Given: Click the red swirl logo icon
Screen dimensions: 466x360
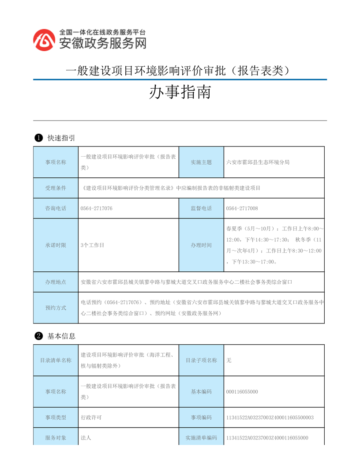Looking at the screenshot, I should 45,40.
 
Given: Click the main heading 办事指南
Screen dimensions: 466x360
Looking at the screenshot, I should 180,92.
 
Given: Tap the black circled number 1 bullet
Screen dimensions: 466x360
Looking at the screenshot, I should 38,138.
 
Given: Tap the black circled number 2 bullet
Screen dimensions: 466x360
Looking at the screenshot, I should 38,336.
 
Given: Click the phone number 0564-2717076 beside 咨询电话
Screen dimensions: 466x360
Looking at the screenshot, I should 97,208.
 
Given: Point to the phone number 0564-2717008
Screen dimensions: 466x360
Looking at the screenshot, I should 242,208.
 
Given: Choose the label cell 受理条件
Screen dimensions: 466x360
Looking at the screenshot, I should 56,188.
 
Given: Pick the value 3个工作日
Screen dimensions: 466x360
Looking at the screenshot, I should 93,245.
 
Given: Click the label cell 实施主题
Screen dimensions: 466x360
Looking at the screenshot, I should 201,162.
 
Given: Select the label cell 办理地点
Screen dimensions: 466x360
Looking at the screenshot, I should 56,282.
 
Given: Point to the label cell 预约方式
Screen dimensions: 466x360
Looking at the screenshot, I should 56,308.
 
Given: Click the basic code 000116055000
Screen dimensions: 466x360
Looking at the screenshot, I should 242,391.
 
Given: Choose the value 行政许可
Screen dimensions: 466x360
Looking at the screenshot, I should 91,417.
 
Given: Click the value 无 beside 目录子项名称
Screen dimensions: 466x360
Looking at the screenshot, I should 229,360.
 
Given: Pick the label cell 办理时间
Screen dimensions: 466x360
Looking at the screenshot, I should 201,245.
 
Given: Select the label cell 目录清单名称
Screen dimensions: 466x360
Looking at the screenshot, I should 56,360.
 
